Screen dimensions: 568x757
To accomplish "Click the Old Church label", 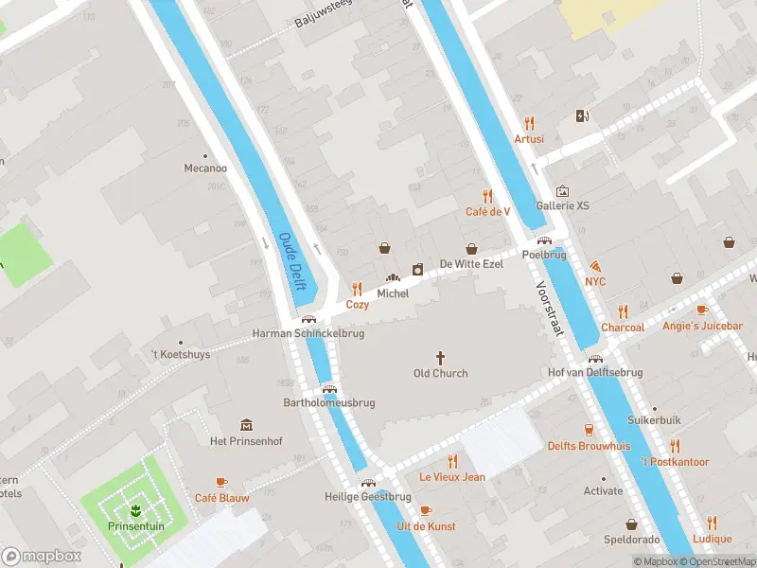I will click(441, 373).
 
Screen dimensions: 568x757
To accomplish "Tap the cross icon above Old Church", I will click(440, 357).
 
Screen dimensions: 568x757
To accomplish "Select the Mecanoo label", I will click(205, 168).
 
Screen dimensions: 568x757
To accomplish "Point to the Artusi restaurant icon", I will click(529, 123).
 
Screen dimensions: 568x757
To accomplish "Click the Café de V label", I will click(487, 211).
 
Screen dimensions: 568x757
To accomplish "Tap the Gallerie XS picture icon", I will click(563, 190).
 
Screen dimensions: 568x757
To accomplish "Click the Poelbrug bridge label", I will click(543, 256).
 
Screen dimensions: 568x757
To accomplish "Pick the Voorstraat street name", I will click(550, 309).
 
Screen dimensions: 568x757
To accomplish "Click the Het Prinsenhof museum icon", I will click(246, 425).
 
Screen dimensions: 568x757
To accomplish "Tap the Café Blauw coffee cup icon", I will click(221, 482).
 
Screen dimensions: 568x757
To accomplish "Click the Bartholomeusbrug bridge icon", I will click(329, 387).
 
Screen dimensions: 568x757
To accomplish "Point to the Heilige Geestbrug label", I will click(367, 496).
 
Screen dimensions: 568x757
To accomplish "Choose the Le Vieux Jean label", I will click(452, 476).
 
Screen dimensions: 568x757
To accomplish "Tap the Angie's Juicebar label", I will click(702, 327).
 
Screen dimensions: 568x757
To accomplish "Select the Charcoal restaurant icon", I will click(623, 311).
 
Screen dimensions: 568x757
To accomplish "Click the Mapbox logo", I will click(42, 557).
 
